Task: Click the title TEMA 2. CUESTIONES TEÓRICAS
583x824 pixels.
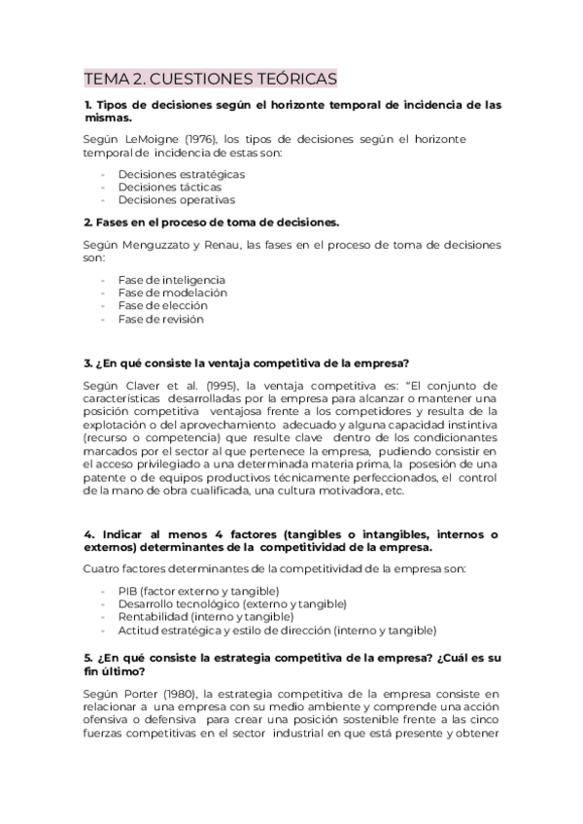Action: [x=210, y=78]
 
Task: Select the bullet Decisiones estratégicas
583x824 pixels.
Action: [x=181, y=174]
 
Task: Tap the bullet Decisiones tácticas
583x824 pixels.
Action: [x=169, y=187]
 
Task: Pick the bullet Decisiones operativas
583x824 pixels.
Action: [x=176, y=200]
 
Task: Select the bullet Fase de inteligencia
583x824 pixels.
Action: [x=171, y=280]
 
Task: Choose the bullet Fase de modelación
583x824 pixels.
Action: [x=172, y=292]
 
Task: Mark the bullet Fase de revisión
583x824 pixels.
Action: [x=160, y=319]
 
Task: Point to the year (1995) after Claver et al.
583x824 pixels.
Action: [x=208, y=385]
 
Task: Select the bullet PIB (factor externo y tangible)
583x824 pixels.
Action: [x=198, y=592]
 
